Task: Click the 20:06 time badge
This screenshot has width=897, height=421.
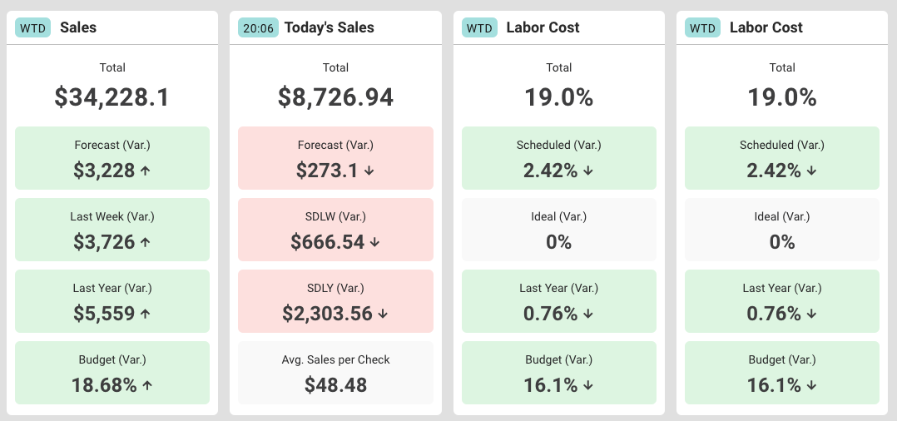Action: click(x=257, y=27)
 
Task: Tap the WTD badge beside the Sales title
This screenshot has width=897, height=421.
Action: click(x=33, y=27)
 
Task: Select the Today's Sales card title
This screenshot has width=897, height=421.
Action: click(x=329, y=27)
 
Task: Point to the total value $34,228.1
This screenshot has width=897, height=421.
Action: click(x=112, y=97)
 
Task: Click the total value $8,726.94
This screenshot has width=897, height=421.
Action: click(x=335, y=97)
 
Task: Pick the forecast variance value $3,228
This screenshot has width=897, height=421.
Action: click(x=105, y=171)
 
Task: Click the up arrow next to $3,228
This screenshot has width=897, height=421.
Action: click(x=146, y=171)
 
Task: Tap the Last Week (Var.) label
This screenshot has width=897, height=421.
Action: click(x=112, y=216)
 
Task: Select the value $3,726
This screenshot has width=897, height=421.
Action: click(x=105, y=242)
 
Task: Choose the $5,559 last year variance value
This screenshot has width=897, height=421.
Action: click(x=105, y=314)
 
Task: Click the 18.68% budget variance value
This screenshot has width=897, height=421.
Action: click(x=105, y=385)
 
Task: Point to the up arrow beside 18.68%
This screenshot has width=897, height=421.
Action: click(x=147, y=385)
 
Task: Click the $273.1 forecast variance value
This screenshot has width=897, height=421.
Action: click(x=328, y=171)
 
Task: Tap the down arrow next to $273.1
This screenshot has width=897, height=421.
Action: click(x=369, y=171)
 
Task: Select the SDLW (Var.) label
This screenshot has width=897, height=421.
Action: click(x=335, y=216)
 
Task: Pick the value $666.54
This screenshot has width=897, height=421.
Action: click(x=328, y=242)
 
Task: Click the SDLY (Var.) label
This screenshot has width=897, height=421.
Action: click(x=335, y=288)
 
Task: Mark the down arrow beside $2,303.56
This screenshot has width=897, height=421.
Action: click(x=383, y=314)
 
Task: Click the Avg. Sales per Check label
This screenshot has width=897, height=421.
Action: click(x=335, y=359)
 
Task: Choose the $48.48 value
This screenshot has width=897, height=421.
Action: click(x=335, y=385)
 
